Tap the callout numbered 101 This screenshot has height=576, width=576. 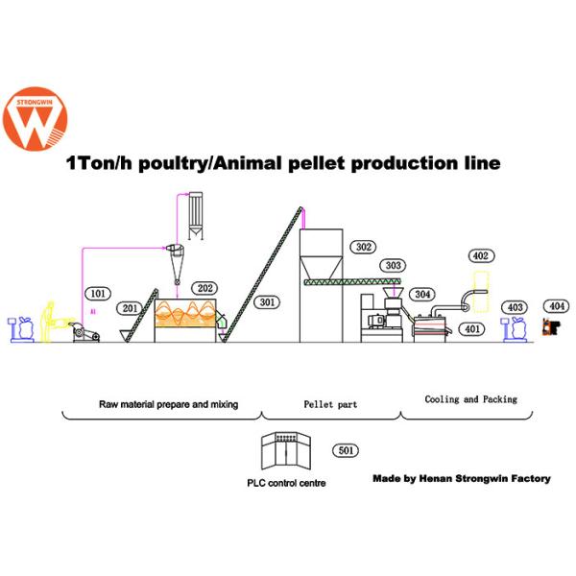(x=96, y=293)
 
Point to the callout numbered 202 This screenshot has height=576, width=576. (x=204, y=287)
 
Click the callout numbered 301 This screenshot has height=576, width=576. (x=268, y=302)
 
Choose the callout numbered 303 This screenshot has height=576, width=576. (x=391, y=265)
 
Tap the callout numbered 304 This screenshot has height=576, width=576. (x=421, y=294)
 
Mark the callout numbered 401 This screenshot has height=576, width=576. (x=471, y=328)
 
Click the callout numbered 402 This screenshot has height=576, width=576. (x=481, y=255)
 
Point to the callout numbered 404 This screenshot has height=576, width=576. (x=555, y=306)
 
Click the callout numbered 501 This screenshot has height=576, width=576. (x=345, y=449)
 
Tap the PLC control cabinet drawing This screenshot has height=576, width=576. (x=287, y=453)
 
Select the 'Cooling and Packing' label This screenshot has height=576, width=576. (x=470, y=398)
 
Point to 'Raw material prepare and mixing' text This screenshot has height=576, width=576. (x=168, y=404)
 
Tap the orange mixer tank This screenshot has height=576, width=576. (x=189, y=319)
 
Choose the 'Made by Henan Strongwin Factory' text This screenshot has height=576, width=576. (x=461, y=478)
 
